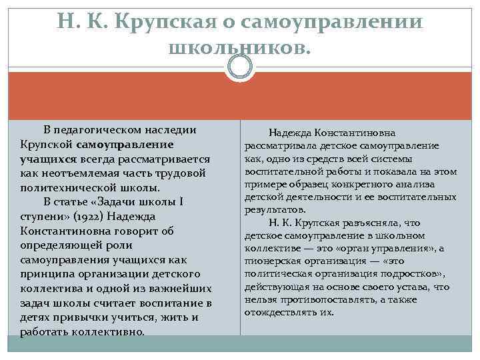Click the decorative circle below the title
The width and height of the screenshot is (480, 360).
click(240, 67)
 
